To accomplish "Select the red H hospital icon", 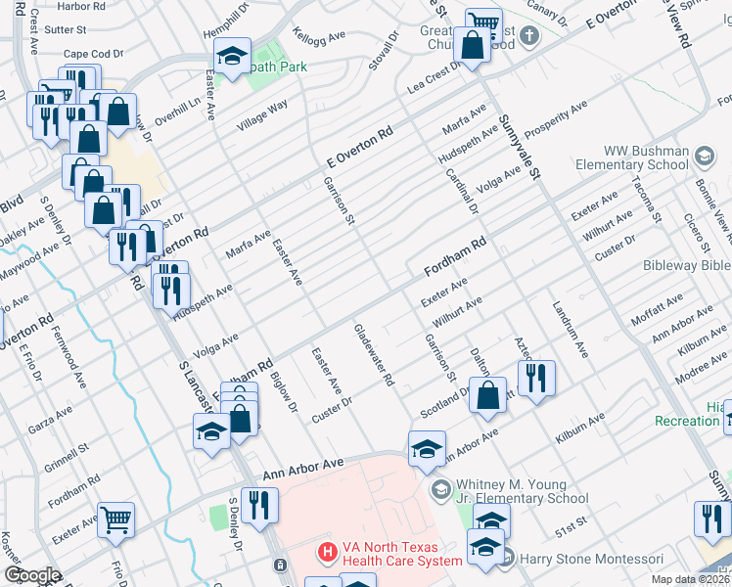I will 326,553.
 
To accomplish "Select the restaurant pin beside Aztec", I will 536,378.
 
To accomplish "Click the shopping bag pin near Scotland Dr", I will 489,395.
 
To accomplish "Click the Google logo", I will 32,575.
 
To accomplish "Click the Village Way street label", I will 261,116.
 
